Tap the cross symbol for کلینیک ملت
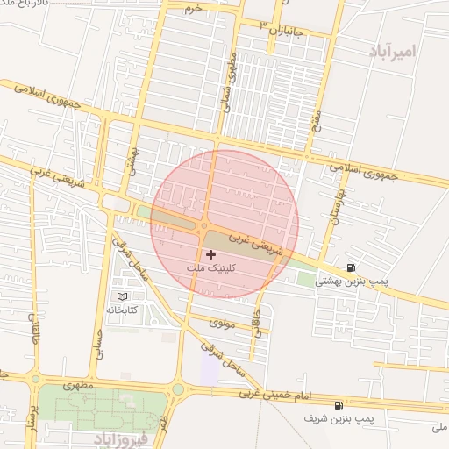coord(210,253)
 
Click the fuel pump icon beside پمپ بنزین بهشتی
coord(352,267)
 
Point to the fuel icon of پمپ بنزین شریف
coord(339,406)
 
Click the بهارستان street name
coord(336,203)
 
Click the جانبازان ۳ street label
coord(280,32)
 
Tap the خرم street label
coord(193,9)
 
